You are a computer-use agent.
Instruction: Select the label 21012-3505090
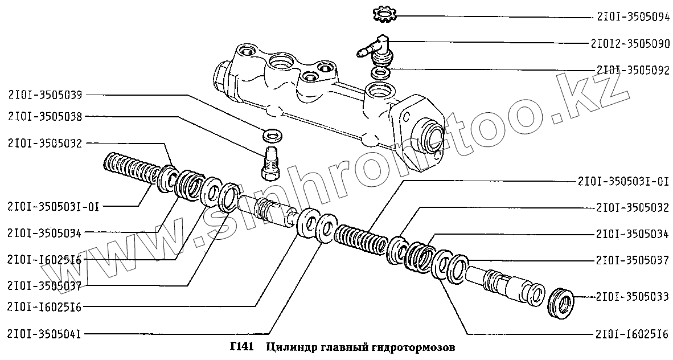pos(630,43)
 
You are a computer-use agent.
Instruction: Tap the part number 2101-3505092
pos(632,70)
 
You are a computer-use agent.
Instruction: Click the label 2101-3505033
pos(632,297)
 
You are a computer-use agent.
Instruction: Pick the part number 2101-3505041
pos(44,334)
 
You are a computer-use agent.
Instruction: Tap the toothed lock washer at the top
pos(382,13)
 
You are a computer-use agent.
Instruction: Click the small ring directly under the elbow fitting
pos(380,73)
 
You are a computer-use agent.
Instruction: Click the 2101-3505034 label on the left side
pos(44,232)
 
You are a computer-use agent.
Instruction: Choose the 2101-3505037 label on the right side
pos(632,260)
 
